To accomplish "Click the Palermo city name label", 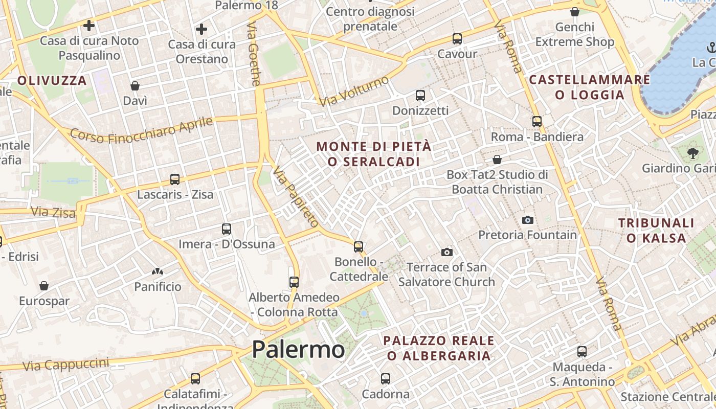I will tap(298, 350).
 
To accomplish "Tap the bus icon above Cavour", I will tap(457, 38).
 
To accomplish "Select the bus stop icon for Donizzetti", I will tap(420, 95).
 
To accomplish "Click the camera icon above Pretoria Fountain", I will tap(528, 220).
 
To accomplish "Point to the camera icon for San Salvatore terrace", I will tap(446, 252).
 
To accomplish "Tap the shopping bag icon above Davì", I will tap(135, 85).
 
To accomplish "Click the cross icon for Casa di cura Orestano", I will tap(202, 29).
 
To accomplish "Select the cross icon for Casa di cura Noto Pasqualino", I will tap(89, 25).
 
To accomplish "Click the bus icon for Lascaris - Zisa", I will tap(175, 179).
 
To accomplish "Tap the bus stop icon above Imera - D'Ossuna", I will tap(227, 229).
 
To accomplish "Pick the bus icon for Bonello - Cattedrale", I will tap(359, 247).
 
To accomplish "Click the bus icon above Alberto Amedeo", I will tap(294, 282).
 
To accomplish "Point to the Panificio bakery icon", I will tap(158, 271).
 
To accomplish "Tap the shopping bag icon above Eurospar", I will tap(44, 286).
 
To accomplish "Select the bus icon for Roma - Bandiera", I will tap(537, 122).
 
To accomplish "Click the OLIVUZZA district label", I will tap(52, 80).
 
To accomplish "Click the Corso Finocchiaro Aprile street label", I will tap(141, 130).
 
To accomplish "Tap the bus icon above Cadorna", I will tap(386, 379).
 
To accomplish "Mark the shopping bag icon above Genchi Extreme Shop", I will tap(575, 12).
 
